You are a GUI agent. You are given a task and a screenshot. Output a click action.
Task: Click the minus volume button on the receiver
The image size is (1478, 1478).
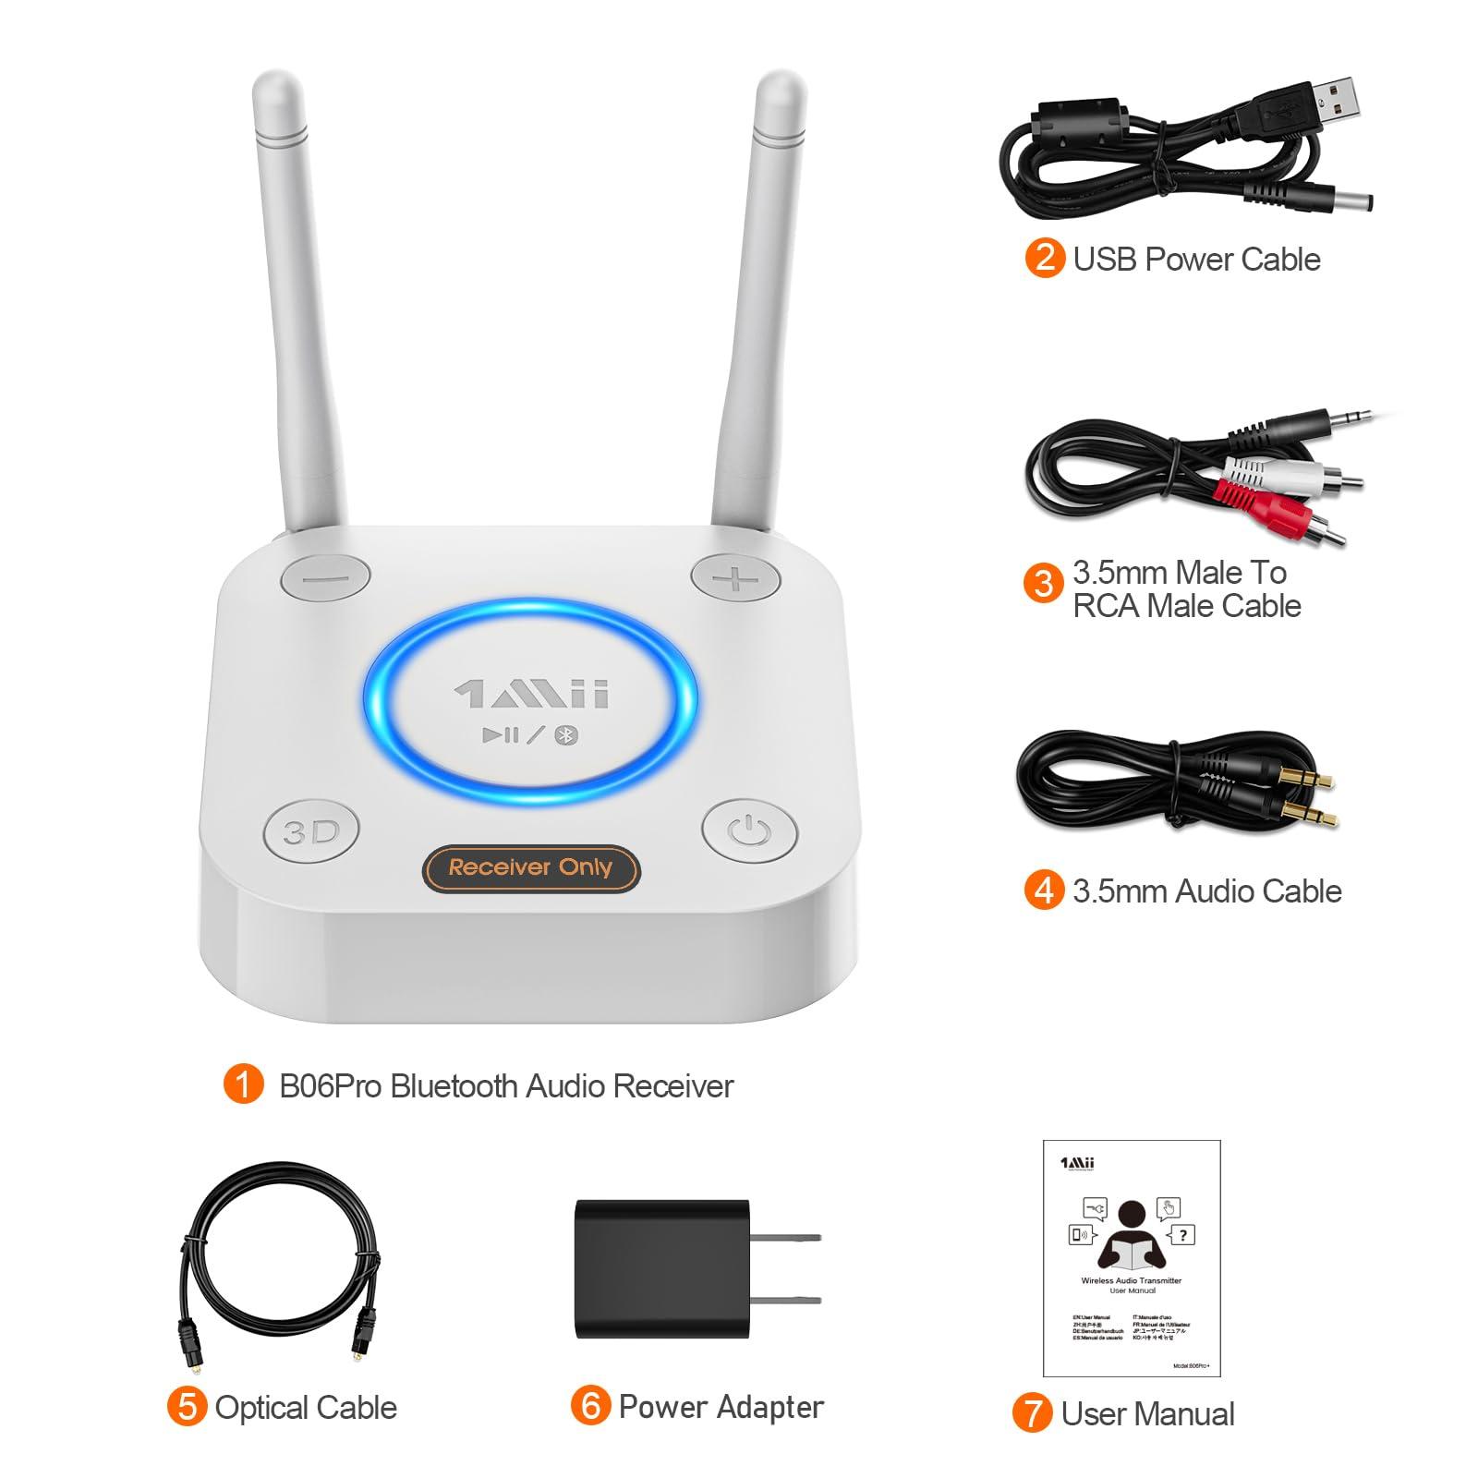[x=324, y=577]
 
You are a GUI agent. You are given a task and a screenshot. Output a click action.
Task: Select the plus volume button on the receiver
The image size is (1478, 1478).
[x=737, y=577]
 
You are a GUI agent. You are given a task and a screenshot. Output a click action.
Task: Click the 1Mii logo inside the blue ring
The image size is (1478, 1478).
[x=531, y=695]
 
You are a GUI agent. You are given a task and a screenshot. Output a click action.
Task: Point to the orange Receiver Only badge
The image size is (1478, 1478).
[x=530, y=867]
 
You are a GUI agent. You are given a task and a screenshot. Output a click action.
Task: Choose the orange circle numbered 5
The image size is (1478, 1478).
[x=187, y=1407]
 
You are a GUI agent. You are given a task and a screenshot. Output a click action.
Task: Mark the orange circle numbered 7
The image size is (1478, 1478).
[x=1032, y=1413]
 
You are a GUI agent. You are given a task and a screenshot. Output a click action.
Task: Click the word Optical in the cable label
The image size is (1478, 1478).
[x=263, y=1407]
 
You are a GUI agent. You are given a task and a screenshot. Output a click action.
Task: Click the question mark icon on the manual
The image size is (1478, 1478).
[x=1182, y=1234]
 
